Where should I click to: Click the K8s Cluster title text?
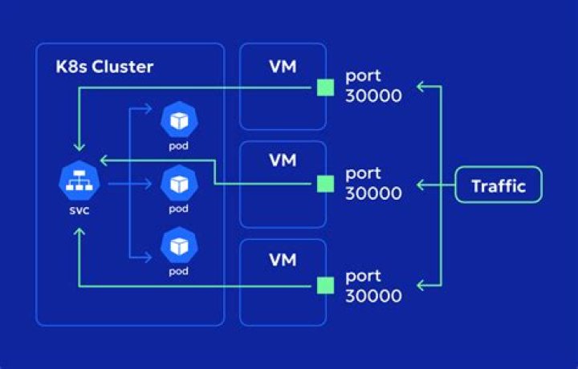(105, 66)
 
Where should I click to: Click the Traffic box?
(498, 186)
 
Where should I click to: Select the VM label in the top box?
(282, 66)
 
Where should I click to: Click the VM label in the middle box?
(282, 161)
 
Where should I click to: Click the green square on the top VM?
(325, 87)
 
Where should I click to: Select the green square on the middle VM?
(325, 184)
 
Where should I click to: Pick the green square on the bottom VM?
(325, 286)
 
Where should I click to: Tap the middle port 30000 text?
(373, 184)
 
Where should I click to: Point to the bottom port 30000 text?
(373, 286)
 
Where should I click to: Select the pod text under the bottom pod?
(177, 272)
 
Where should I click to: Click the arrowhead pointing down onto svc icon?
(78, 148)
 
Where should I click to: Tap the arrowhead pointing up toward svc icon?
(78, 232)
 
